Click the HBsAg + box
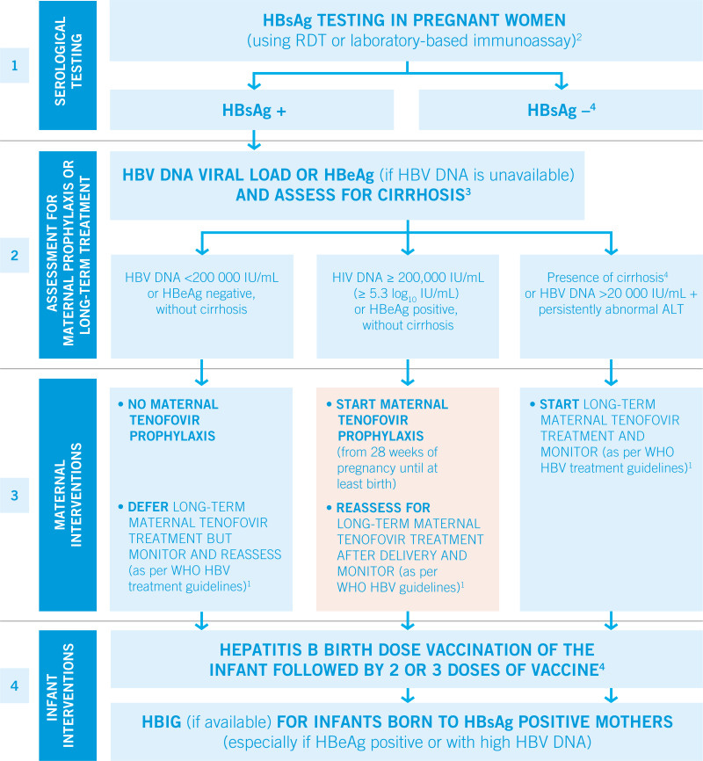pyautogui.click(x=254, y=110)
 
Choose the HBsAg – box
pyautogui.click(x=561, y=110)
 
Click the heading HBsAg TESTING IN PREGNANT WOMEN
pyautogui.click(x=407, y=20)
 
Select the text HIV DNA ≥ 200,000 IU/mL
pyautogui.click(x=407, y=277)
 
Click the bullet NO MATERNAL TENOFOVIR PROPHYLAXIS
pyautogui.click(x=173, y=420)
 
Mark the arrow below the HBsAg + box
pyautogui.click(x=254, y=139)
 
